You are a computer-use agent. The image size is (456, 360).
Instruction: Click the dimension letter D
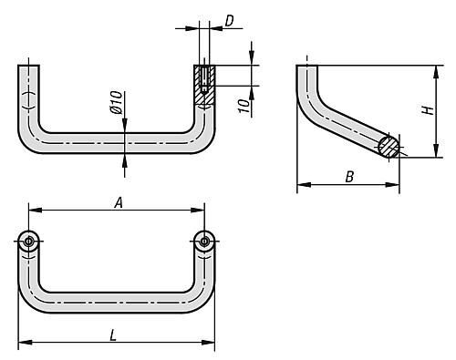(229, 21)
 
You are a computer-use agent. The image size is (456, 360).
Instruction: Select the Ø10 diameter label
(117, 102)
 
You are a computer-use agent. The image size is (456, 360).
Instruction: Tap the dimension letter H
(429, 110)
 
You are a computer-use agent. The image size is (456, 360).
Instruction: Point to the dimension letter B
(349, 177)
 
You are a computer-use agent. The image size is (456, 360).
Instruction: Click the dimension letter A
(119, 202)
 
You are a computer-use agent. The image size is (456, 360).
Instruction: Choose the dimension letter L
(113, 335)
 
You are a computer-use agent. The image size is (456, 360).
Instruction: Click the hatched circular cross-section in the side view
(389, 147)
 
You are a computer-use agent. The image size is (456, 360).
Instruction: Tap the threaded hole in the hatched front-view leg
(204, 78)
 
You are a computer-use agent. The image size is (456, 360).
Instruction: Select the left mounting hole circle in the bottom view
(28, 242)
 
